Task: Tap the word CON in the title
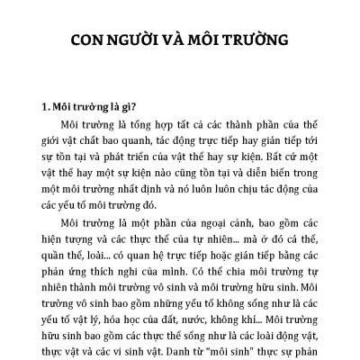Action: [x=89, y=41]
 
